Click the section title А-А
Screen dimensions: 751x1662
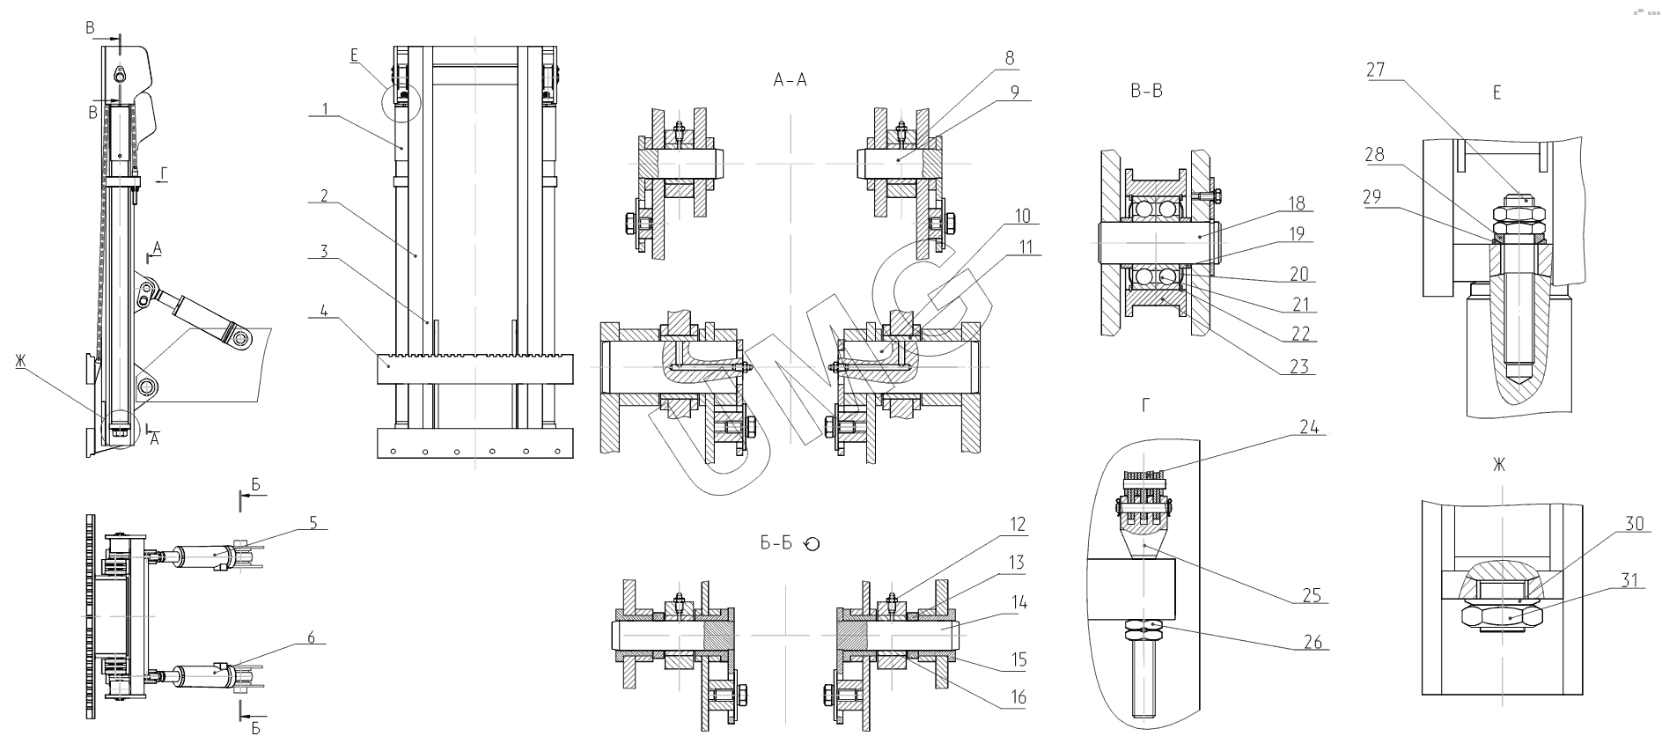point(789,81)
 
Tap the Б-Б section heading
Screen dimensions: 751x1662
point(776,543)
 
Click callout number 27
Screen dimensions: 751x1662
point(1376,70)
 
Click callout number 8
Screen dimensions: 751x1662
point(1009,59)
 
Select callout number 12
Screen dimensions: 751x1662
point(1017,525)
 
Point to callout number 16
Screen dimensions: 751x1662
point(1018,698)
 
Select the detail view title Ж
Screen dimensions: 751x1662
point(1498,464)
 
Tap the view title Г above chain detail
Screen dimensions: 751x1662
point(1145,404)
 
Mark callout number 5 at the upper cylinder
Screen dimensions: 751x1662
point(312,520)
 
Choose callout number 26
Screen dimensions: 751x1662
point(1313,642)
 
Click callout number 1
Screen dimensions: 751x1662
point(324,109)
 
